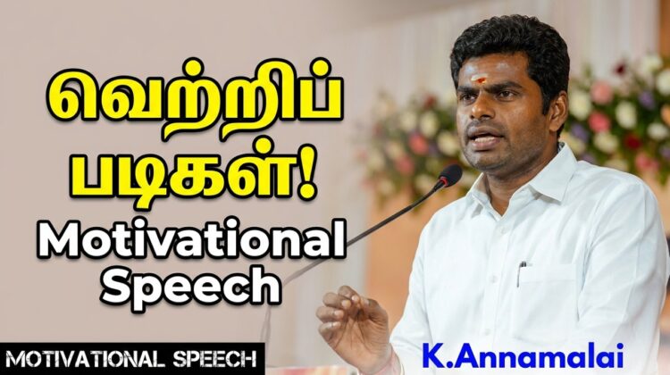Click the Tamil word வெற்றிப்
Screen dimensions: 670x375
point(195,102)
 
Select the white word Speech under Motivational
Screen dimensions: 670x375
point(190,286)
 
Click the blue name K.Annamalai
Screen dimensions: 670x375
point(523,355)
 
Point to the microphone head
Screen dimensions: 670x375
point(449,174)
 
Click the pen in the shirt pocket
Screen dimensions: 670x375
point(521,273)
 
